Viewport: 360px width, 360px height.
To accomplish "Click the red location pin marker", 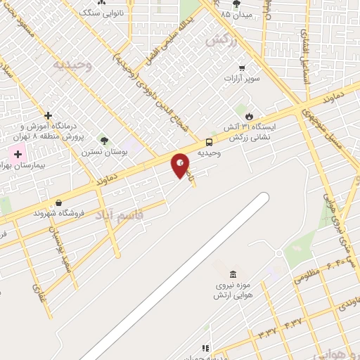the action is click(181, 165).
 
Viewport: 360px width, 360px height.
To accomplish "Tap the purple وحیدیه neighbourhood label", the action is click(73, 64).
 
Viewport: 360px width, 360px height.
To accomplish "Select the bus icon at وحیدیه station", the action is click(208, 141).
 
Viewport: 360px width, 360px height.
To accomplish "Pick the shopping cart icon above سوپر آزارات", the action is click(242, 68).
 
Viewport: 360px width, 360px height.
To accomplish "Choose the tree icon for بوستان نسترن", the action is click(105, 141).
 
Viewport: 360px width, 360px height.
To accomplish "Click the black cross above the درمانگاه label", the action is click(48, 115).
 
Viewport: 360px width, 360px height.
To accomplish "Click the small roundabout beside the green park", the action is click(279, 253).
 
